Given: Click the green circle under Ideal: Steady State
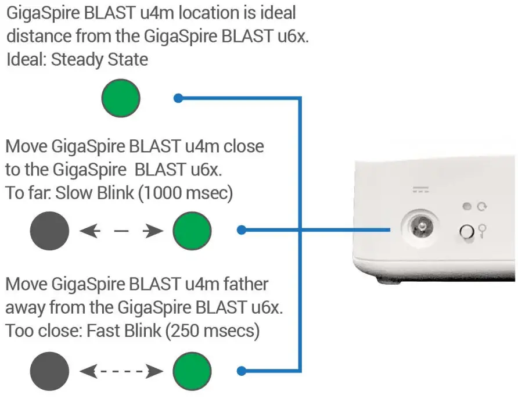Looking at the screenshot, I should (x=121, y=98).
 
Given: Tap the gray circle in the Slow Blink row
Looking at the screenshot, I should (x=49, y=231).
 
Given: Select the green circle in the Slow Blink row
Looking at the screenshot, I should (x=192, y=231).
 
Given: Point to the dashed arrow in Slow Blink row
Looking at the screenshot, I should (x=121, y=231).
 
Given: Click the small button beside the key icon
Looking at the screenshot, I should (x=466, y=232).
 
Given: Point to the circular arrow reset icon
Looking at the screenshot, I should (x=481, y=206).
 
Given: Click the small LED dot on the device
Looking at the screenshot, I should (x=466, y=206).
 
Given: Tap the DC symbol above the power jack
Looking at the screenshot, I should (x=419, y=189).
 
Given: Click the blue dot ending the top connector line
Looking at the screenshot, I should (x=178, y=98).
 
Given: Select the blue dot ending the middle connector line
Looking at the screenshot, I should (x=242, y=231).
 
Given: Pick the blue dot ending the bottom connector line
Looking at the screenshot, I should (x=242, y=371).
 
